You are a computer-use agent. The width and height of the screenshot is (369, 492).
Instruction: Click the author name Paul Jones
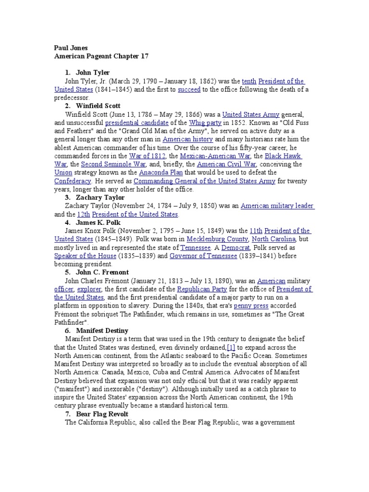click(x=70, y=48)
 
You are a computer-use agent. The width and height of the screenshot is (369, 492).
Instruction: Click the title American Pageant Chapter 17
click(x=101, y=56)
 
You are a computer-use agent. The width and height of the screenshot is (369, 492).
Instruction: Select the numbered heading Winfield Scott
click(x=98, y=106)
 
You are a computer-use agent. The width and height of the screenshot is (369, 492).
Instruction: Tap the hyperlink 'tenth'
click(x=249, y=81)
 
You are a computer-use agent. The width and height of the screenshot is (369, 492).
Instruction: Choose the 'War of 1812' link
click(x=148, y=156)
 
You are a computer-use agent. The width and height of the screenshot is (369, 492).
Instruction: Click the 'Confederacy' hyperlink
click(x=73, y=181)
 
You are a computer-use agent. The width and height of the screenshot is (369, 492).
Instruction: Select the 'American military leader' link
click(x=277, y=206)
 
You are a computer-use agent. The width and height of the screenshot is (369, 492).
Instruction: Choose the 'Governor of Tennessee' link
click(x=203, y=256)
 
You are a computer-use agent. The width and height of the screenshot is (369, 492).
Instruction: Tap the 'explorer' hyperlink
click(x=89, y=289)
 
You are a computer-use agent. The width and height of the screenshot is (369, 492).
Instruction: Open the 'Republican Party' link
click(x=202, y=289)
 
